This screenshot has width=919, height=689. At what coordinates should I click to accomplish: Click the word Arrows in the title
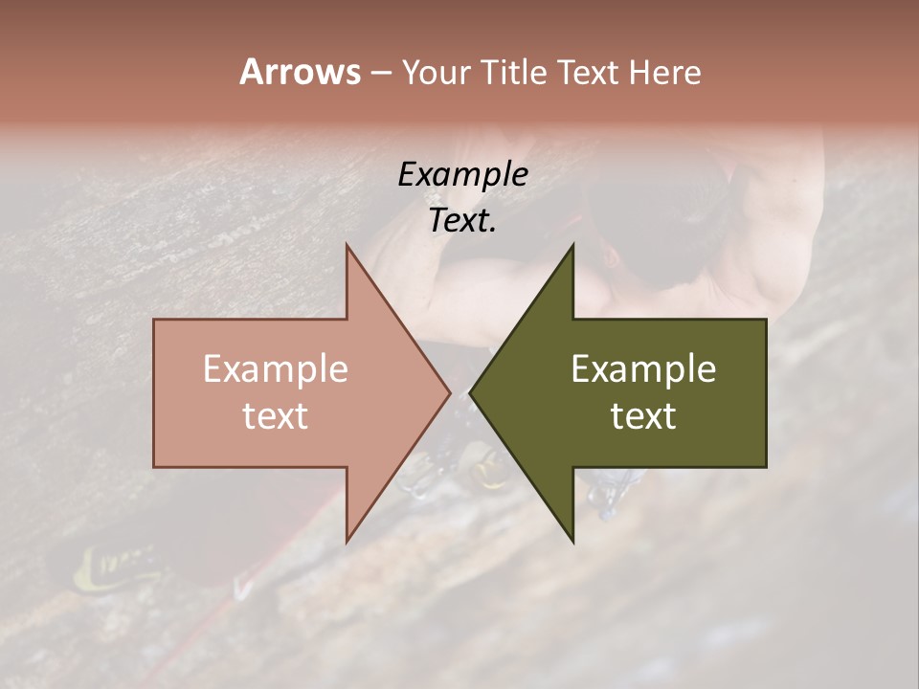[300, 72]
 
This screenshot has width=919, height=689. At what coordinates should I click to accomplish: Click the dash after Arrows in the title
[380, 74]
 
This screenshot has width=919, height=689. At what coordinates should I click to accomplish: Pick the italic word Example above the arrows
[462, 174]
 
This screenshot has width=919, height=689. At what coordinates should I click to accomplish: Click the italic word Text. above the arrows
[462, 221]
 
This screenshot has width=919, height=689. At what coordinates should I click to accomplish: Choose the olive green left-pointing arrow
[661, 393]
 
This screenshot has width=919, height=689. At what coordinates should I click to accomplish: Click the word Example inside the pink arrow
[276, 368]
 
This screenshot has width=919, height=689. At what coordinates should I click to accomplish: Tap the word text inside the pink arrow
[276, 415]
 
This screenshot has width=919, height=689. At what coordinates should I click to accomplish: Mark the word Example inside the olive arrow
[643, 368]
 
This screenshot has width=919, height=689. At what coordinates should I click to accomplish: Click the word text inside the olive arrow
[643, 415]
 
